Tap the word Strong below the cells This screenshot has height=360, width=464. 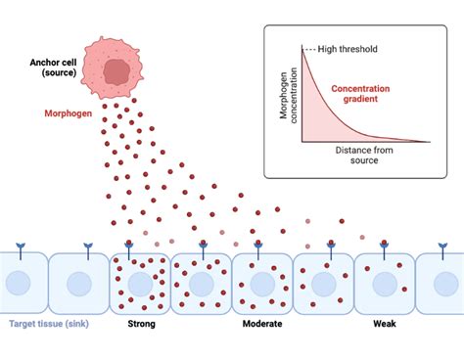point(141,324)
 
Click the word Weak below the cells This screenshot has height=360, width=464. point(386,324)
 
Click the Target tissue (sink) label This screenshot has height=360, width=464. point(50,324)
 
